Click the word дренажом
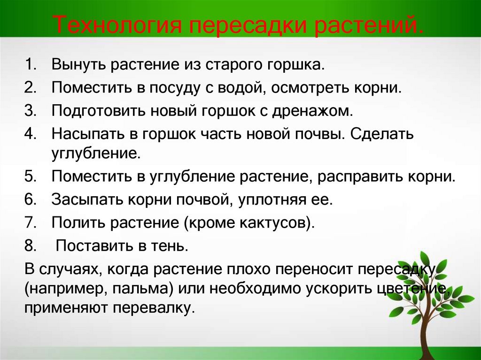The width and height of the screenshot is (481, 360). point(312,111)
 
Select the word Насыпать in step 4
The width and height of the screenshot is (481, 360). point(88,134)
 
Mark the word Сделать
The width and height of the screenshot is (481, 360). point(382,134)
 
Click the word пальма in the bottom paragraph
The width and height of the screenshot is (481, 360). point(141,289)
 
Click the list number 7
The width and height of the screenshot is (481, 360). point(31,222)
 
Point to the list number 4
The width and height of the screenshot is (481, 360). point(31,134)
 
